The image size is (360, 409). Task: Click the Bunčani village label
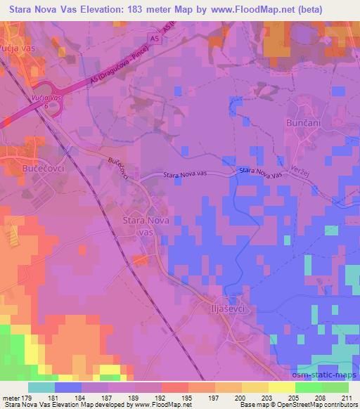(x=304, y=122)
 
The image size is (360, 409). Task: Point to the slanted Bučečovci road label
(x=117, y=169)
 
